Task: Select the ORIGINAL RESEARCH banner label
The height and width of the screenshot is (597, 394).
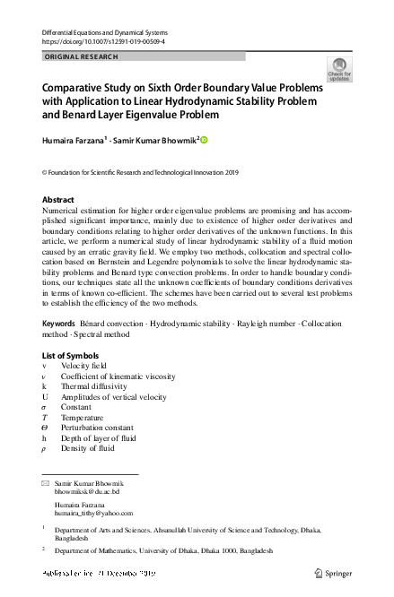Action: point(81,56)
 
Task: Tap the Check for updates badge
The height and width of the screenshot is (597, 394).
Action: point(339,70)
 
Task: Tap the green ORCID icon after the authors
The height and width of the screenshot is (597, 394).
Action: point(204,139)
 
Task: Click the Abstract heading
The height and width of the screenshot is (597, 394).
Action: point(59,199)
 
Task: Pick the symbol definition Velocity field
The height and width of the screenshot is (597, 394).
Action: point(83,367)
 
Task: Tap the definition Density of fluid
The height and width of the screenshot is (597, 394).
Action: point(88,447)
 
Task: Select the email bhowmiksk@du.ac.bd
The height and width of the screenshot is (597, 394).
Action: point(87,492)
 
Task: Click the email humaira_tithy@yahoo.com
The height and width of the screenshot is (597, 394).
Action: point(93,514)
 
